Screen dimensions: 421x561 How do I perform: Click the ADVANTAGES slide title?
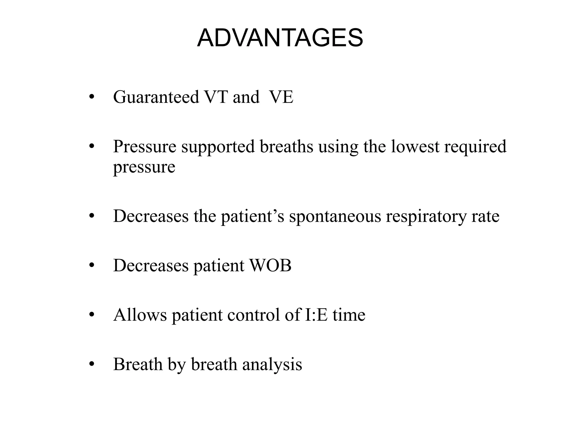click(280, 38)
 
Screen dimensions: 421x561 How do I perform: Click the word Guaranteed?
click(156, 97)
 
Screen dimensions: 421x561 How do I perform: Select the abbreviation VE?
click(281, 97)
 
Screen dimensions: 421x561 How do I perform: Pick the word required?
click(475, 147)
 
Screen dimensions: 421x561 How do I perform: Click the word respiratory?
click(426, 217)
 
